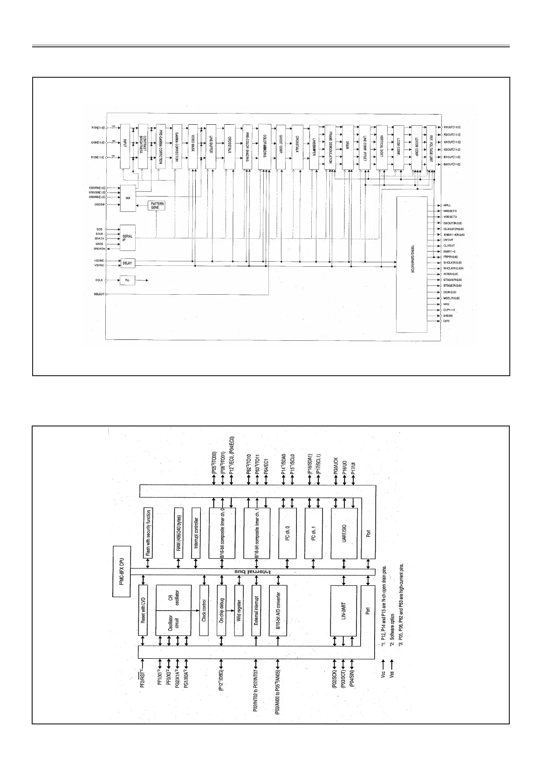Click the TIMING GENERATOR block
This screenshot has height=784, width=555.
(411, 264)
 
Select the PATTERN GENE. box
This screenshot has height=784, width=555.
(156, 205)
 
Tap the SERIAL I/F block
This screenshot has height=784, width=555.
(128, 237)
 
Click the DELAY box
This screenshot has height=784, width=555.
(127, 263)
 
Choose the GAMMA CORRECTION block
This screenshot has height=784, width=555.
(177, 147)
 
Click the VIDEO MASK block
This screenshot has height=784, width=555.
(193, 147)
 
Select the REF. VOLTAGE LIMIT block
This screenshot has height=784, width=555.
(432, 147)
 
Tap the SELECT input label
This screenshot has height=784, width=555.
(98, 294)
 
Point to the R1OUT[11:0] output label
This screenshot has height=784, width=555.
(452, 127)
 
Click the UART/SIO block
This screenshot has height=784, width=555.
(344, 534)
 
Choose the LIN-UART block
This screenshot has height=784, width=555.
(344, 610)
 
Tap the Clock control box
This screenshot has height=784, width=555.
(204, 610)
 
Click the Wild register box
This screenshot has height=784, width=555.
(239, 610)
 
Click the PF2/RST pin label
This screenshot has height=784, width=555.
(142, 680)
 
